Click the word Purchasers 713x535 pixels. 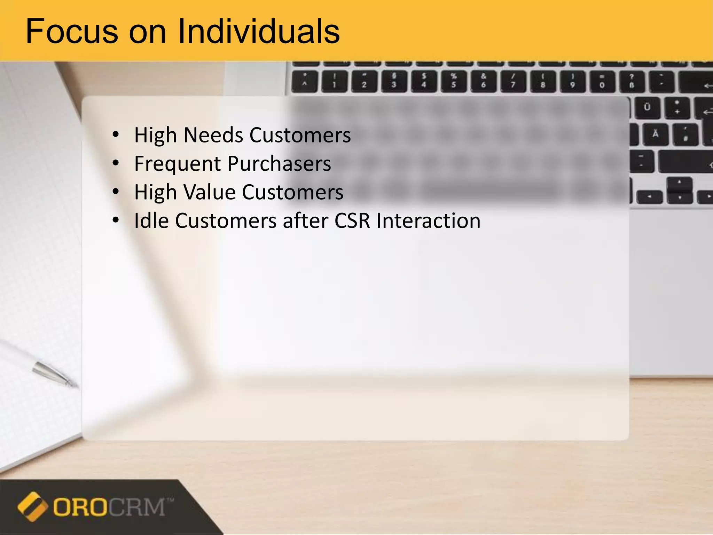coord(279,164)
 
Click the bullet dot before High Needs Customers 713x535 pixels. coord(116,134)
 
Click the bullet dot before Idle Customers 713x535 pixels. coord(116,220)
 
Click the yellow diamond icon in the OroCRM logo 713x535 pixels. coord(32,506)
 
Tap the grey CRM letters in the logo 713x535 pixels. coord(138,507)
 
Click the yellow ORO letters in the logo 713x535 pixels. coord(80,507)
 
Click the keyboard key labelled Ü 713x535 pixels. coord(647,107)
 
